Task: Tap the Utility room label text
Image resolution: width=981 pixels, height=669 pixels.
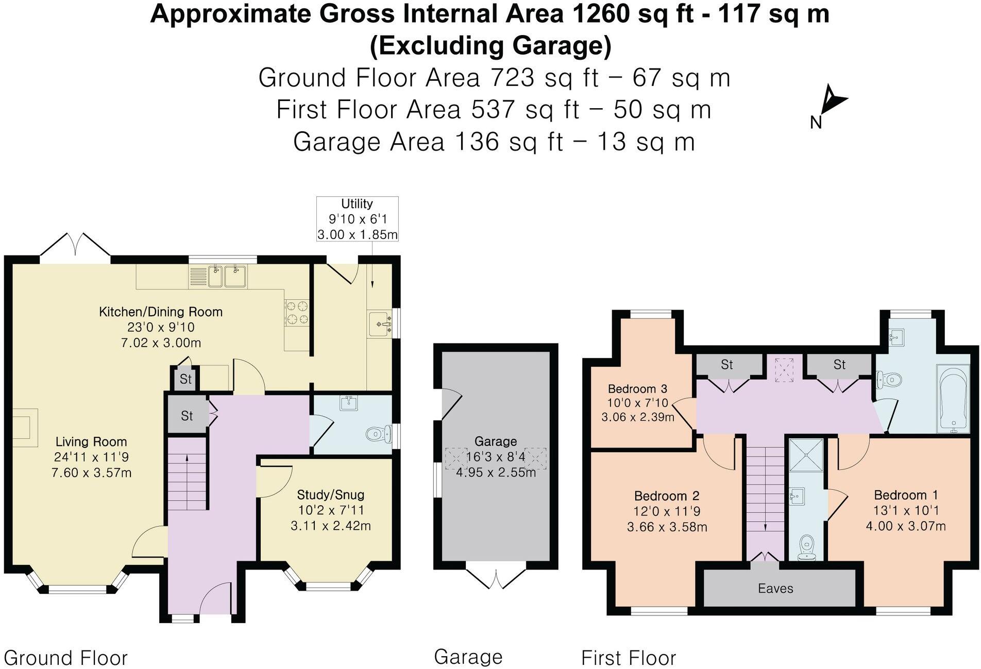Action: point(357,204)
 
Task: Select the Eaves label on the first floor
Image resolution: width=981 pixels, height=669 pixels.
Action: point(775,589)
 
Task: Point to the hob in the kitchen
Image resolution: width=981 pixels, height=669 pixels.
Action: point(297,312)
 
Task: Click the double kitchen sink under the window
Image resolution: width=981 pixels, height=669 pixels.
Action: point(227,276)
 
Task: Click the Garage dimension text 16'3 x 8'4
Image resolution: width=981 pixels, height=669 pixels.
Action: point(496,457)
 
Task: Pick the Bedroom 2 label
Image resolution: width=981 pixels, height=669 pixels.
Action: point(666,496)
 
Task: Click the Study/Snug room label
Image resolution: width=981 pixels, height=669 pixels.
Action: point(330,495)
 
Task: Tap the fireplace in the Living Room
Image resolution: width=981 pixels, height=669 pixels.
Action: point(24,427)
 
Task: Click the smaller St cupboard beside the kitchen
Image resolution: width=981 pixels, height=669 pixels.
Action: point(185,379)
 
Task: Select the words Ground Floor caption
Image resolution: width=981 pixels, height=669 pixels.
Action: point(65,658)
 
